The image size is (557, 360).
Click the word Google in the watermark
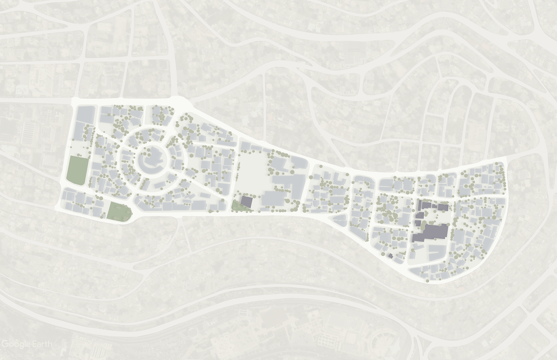tap(18, 344)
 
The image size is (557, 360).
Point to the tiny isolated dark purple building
tap(390, 256)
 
